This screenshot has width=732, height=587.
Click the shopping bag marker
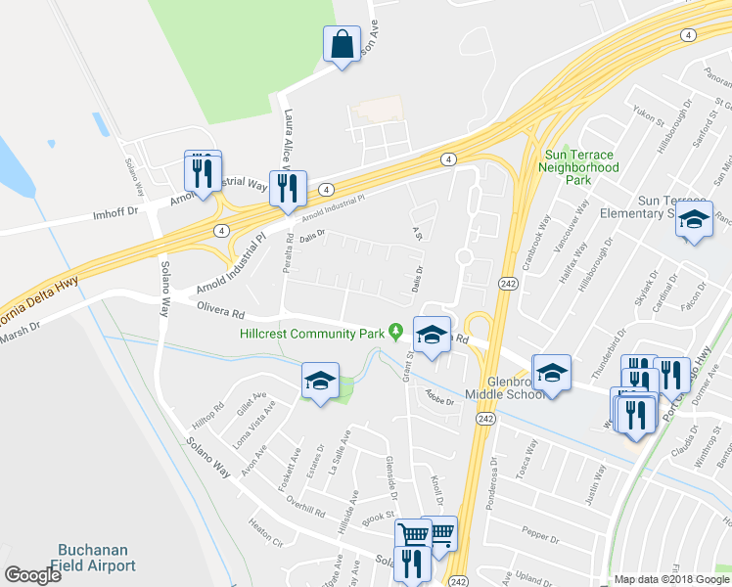pyautogui.click(x=342, y=45)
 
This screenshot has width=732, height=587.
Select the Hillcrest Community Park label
pyautogui.click(x=311, y=334)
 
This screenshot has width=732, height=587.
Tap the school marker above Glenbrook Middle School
pyautogui.click(x=551, y=374)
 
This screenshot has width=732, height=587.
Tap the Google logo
pyautogui.click(x=32, y=574)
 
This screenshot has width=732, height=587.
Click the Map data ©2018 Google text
pyautogui.click(x=669, y=579)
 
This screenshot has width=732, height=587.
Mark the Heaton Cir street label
pyautogui.click(x=264, y=535)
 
